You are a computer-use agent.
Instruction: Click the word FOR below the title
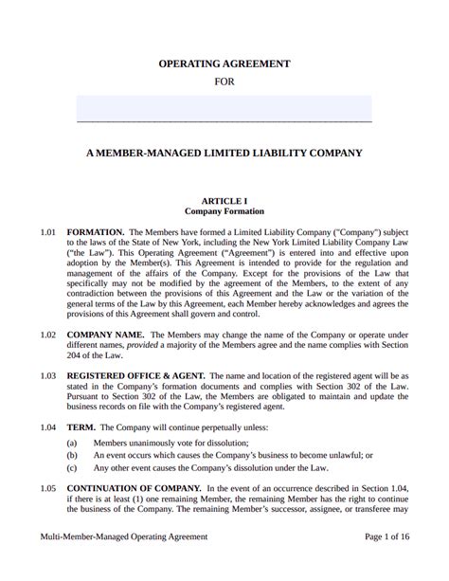[224, 82]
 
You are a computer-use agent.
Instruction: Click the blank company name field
[224, 108]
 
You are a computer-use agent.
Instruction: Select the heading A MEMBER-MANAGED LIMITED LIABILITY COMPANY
[224, 153]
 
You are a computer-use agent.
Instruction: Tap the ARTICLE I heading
[224, 200]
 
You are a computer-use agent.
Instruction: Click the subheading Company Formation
[224, 211]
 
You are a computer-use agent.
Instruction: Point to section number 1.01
[48, 230]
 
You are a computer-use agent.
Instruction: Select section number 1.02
[48, 334]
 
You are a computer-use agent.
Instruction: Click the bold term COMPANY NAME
[105, 334]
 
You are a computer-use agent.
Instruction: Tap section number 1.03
[48, 376]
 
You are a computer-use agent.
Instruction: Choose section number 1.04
[48, 427]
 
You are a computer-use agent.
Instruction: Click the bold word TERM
[81, 427]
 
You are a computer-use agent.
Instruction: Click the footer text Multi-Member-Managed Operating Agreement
[123, 563]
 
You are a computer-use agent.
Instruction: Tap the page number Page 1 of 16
[387, 563]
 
